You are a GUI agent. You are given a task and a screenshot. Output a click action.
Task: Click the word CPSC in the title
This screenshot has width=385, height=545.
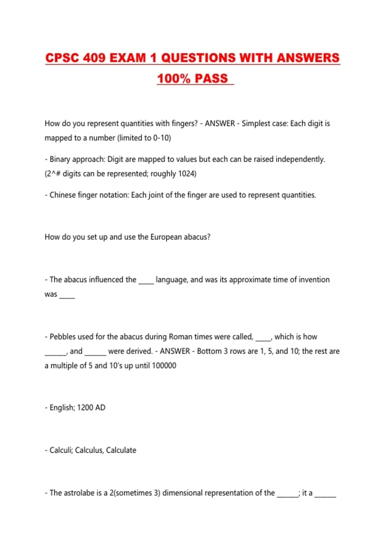coord(62,58)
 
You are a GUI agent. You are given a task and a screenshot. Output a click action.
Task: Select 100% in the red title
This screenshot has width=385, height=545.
coord(174,79)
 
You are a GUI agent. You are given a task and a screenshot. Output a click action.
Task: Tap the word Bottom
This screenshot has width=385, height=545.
coord(209,351)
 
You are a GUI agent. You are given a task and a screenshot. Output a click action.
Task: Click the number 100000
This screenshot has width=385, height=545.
coord(164,365)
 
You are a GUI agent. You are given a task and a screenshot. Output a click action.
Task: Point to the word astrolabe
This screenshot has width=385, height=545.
coord(79,493)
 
